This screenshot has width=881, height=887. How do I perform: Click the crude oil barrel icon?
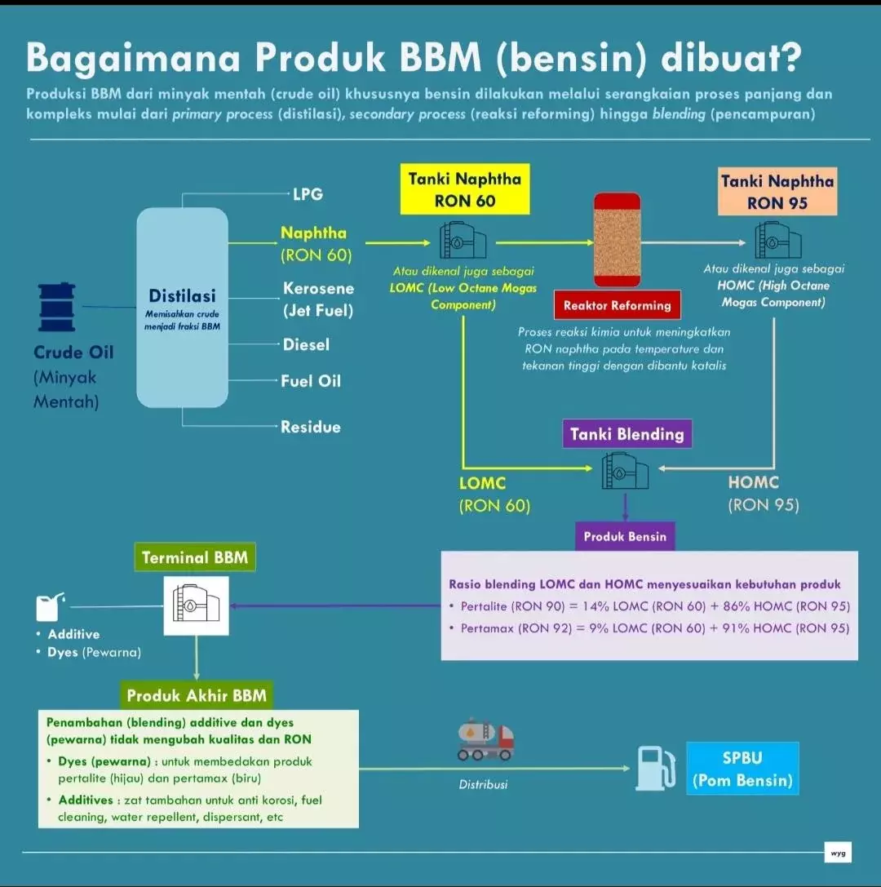click(57, 308)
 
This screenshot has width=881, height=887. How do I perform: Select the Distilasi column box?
click(182, 307)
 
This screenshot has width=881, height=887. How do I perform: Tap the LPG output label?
click(308, 194)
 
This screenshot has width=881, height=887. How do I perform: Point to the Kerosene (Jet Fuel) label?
click(318, 299)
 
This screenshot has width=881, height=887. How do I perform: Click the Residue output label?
click(311, 427)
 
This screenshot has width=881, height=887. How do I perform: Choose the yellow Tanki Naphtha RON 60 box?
click(464, 190)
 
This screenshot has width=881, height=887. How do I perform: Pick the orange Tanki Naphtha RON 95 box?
click(778, 193)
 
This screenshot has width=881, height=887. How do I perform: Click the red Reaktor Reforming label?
click(617, 306)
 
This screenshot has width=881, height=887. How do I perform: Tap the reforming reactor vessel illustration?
click(617, 240)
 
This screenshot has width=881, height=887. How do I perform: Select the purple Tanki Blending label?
click(626, 434)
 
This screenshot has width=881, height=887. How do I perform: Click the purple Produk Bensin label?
click(625, 537)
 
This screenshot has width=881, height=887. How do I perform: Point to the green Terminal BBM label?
click(196, 558)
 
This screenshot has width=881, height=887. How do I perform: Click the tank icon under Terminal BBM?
click(196, 605)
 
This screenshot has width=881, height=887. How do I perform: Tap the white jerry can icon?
click(48, 607)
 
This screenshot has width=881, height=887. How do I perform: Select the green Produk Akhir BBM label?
click(197, 696)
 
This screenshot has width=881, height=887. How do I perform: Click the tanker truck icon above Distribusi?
click(486, 739)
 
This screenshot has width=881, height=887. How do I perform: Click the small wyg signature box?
click(838, 854)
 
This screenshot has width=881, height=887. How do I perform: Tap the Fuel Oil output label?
click(311, 381)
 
